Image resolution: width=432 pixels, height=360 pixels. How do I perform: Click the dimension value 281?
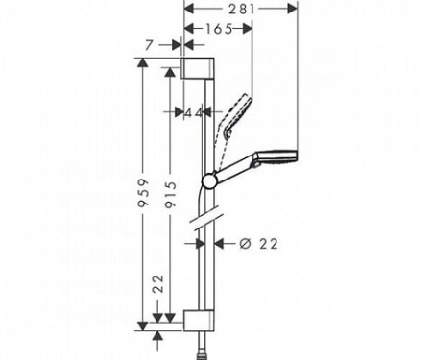coord(240,9)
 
